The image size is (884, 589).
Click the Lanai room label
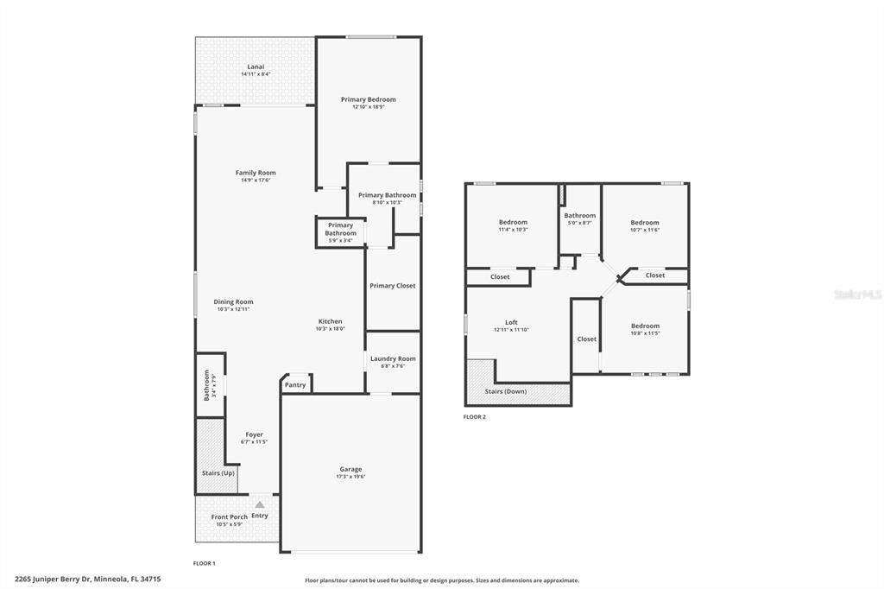coord(256,66)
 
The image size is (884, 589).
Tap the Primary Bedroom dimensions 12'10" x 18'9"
coord(368,106)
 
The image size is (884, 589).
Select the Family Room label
coord(256,173)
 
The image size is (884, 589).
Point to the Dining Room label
coord(233,301)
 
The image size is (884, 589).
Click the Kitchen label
coord(331,321)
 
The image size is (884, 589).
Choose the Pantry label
coord(295,385)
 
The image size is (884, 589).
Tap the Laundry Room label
coord(393,358)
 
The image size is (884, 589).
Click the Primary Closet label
coord(393,286)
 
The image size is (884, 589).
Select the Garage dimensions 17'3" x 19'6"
coord(350,476)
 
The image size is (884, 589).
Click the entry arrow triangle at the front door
coord(259,505)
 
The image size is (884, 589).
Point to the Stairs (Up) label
coord(218,472)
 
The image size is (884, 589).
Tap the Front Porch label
coord(230,516)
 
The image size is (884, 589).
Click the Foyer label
coord(255,434)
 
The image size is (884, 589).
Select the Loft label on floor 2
coord(511,322)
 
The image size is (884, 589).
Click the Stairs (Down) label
coord(506,391)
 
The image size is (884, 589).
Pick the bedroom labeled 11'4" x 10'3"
coord(513,222)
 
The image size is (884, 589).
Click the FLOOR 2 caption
coord(474,417)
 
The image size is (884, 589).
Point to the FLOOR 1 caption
coord(204,563)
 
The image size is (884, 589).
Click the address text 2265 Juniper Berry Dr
coord(53,579)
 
